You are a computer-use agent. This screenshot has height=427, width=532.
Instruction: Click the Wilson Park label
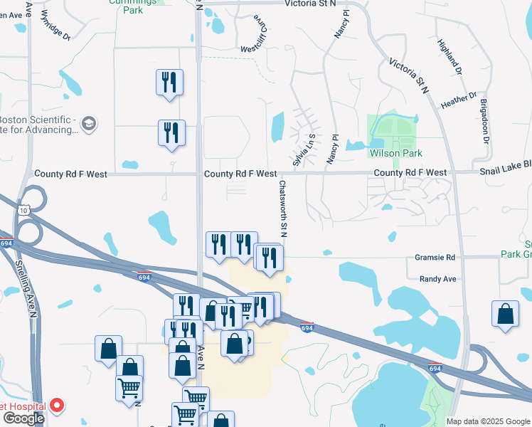pyautogui.click(x=396, y=153)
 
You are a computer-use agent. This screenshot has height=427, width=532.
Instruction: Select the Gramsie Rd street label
pyautogui.click(x=436, y=257)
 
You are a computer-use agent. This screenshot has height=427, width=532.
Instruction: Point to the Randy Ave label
pyautogui.click(x=437, y=280)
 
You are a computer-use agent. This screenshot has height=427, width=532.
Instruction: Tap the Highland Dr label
pyautogui.click(x=451, y=58)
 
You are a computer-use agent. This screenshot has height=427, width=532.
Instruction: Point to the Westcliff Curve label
pyautogui.click(x=257, y=36)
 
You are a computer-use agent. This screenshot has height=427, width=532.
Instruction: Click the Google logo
pyautogui.click(x=23, y=418)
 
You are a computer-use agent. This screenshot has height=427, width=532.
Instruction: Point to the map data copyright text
pyautogui.click(x=488, y=421)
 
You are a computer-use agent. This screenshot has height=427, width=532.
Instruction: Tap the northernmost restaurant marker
pyautogui.click(x=169, y=82)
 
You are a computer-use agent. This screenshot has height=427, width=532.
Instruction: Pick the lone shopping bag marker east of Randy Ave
pyautogui.click(x=505, y=313)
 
